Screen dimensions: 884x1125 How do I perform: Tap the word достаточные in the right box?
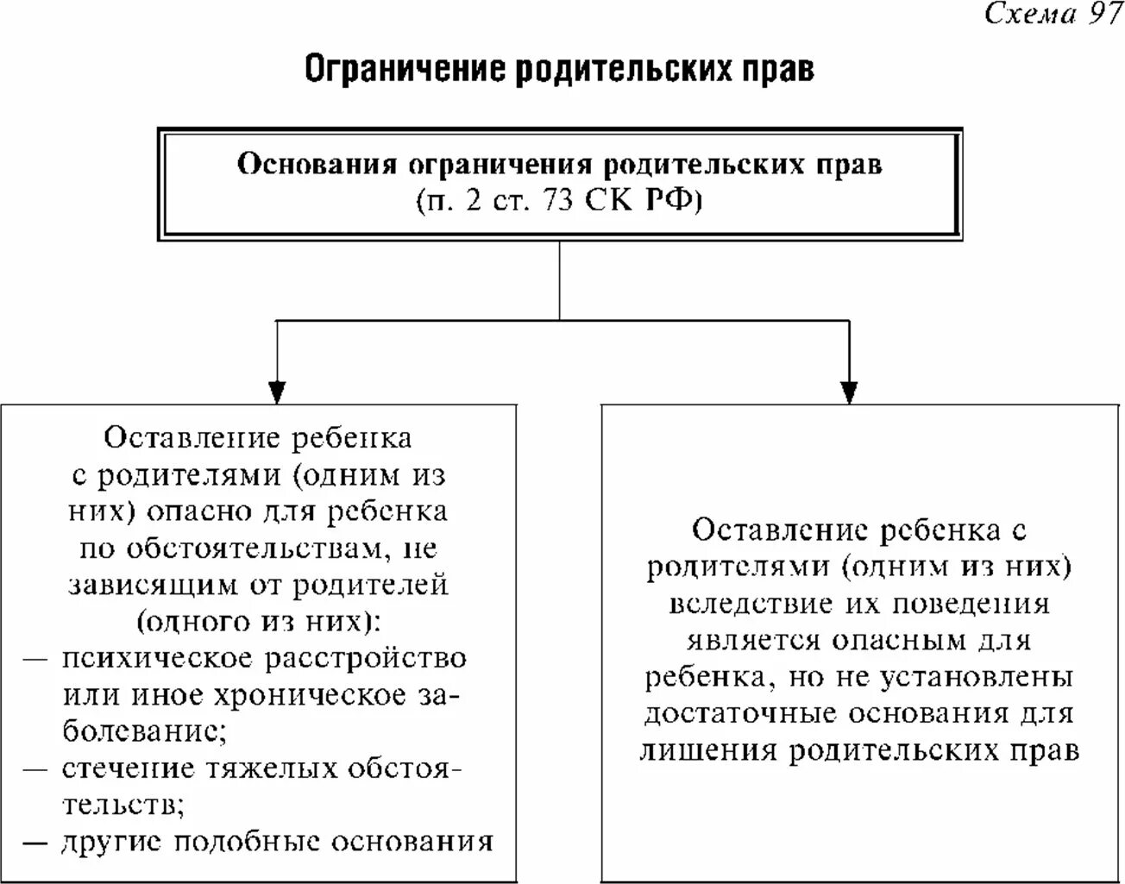[x=739, y=713]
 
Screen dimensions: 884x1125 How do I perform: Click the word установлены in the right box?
[x=976, y=677]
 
